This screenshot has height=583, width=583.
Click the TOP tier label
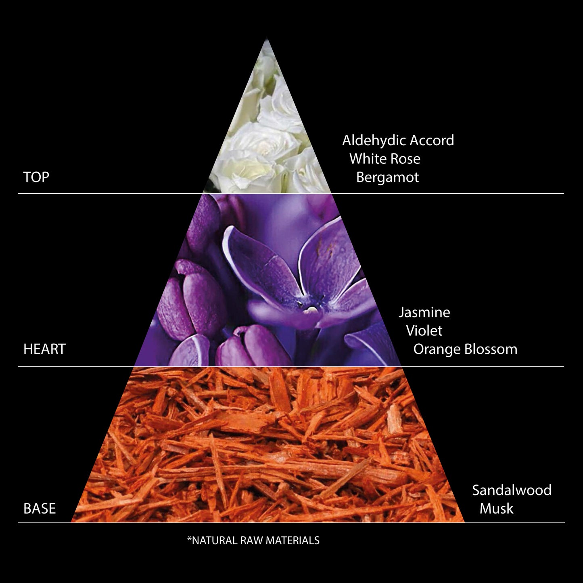pyautogui.click(x=36, y=177)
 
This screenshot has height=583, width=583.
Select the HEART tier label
pyautogui.click(x=44, y=349)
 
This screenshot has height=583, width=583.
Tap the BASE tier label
pyautogui.click(x=40, y=508)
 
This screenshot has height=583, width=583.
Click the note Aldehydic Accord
pyautogui.click(x=398, y=140)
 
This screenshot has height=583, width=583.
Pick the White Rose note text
pyautogui.click(x=384, y=159)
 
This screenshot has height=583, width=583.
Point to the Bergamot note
pyautogui.click(x=387, y=178)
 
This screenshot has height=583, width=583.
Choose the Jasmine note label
pyautogui.click(x=424, y=312)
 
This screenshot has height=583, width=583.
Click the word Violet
pyautogui.click(x=424, y=331)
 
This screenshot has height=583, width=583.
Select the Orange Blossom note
pyautogui.click(x=465, y=349)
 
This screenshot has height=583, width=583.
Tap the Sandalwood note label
pyautogui.click(x=512, y=490)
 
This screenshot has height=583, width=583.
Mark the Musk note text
pyautogui.click(x=496, y=508)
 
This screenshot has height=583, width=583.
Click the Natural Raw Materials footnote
pyautogui.click(x=253, y=541)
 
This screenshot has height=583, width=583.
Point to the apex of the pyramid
pyautogui.click(x=266, y=40)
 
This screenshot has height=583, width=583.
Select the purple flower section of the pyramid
pyautogui.click(x=266, y=282)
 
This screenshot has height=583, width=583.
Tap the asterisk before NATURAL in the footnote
pyautogui.click(x=189, y=539)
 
